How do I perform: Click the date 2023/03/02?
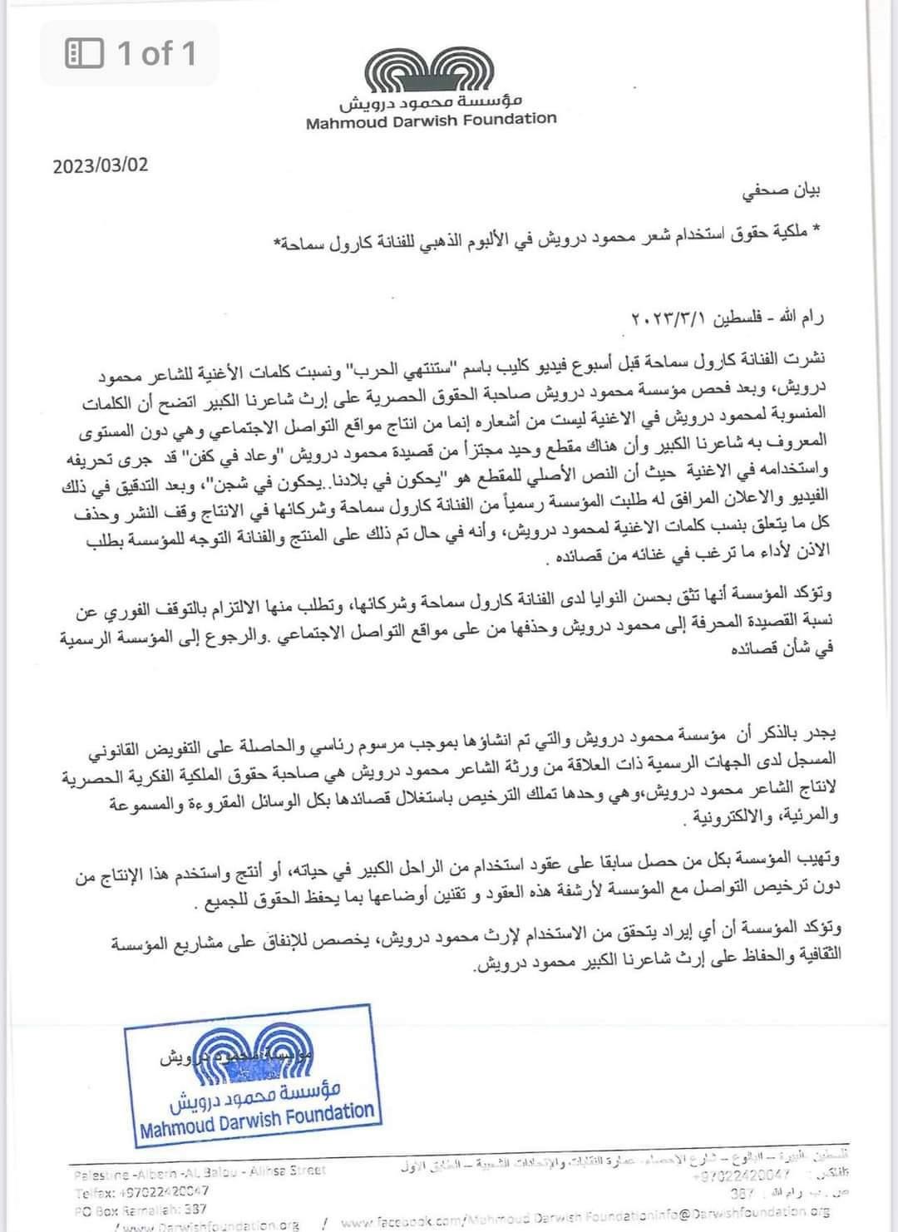(101, 165)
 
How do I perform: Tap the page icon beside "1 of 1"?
(84, 54)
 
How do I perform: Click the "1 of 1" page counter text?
(156, 54)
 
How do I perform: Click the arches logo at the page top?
(432, 71)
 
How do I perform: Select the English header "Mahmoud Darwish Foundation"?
(431, 120)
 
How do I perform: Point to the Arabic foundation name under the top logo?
(431, 103)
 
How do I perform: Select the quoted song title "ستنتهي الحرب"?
(387, 366)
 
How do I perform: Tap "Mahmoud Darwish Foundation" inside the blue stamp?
(257, 1118)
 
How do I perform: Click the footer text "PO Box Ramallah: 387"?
(141, 1210)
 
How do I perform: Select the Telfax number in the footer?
(141, 1190)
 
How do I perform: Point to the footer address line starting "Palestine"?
(200, 1171)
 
